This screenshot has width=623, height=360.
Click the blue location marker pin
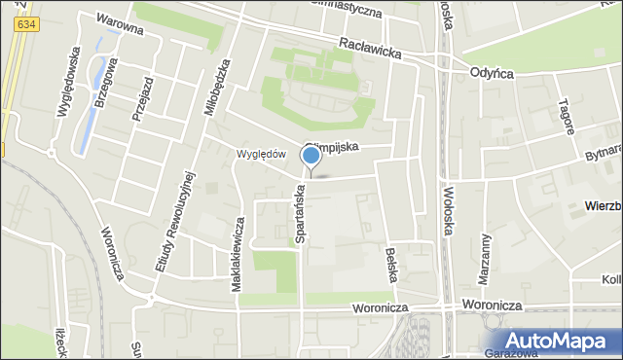click(x=311, y=156)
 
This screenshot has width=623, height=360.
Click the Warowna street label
click(x=120, y=23)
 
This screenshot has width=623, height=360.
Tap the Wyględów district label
click(x=261, y=154)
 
